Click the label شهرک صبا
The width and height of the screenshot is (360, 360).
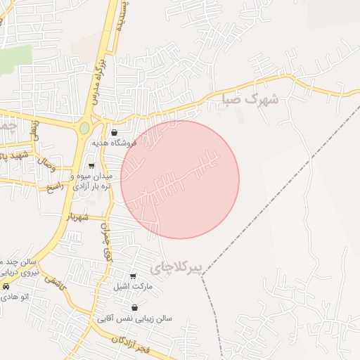coord(250,99)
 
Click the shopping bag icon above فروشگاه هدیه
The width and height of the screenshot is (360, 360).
coord(115,132)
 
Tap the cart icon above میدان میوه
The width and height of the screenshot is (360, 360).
coord(91,166)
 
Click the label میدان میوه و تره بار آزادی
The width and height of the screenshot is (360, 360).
coord(91,180)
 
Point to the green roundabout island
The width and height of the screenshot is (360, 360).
coord(84,129)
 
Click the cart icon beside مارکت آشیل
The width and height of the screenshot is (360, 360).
coord(134,276)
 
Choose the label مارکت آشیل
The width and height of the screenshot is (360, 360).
coord(131,287)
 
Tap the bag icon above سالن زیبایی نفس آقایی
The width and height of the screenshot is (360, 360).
coord(134,308)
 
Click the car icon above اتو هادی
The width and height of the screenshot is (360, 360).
coord(6,286)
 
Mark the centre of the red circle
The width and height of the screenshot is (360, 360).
coord(180,179)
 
